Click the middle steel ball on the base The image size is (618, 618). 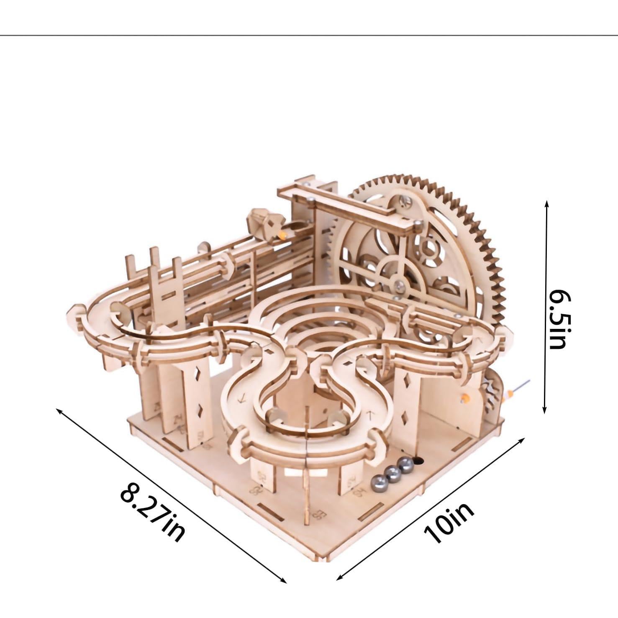click(x=392, y=472)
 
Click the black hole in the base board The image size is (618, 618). click(x=418, y=460)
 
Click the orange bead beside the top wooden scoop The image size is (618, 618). click(x=284, y=235)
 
